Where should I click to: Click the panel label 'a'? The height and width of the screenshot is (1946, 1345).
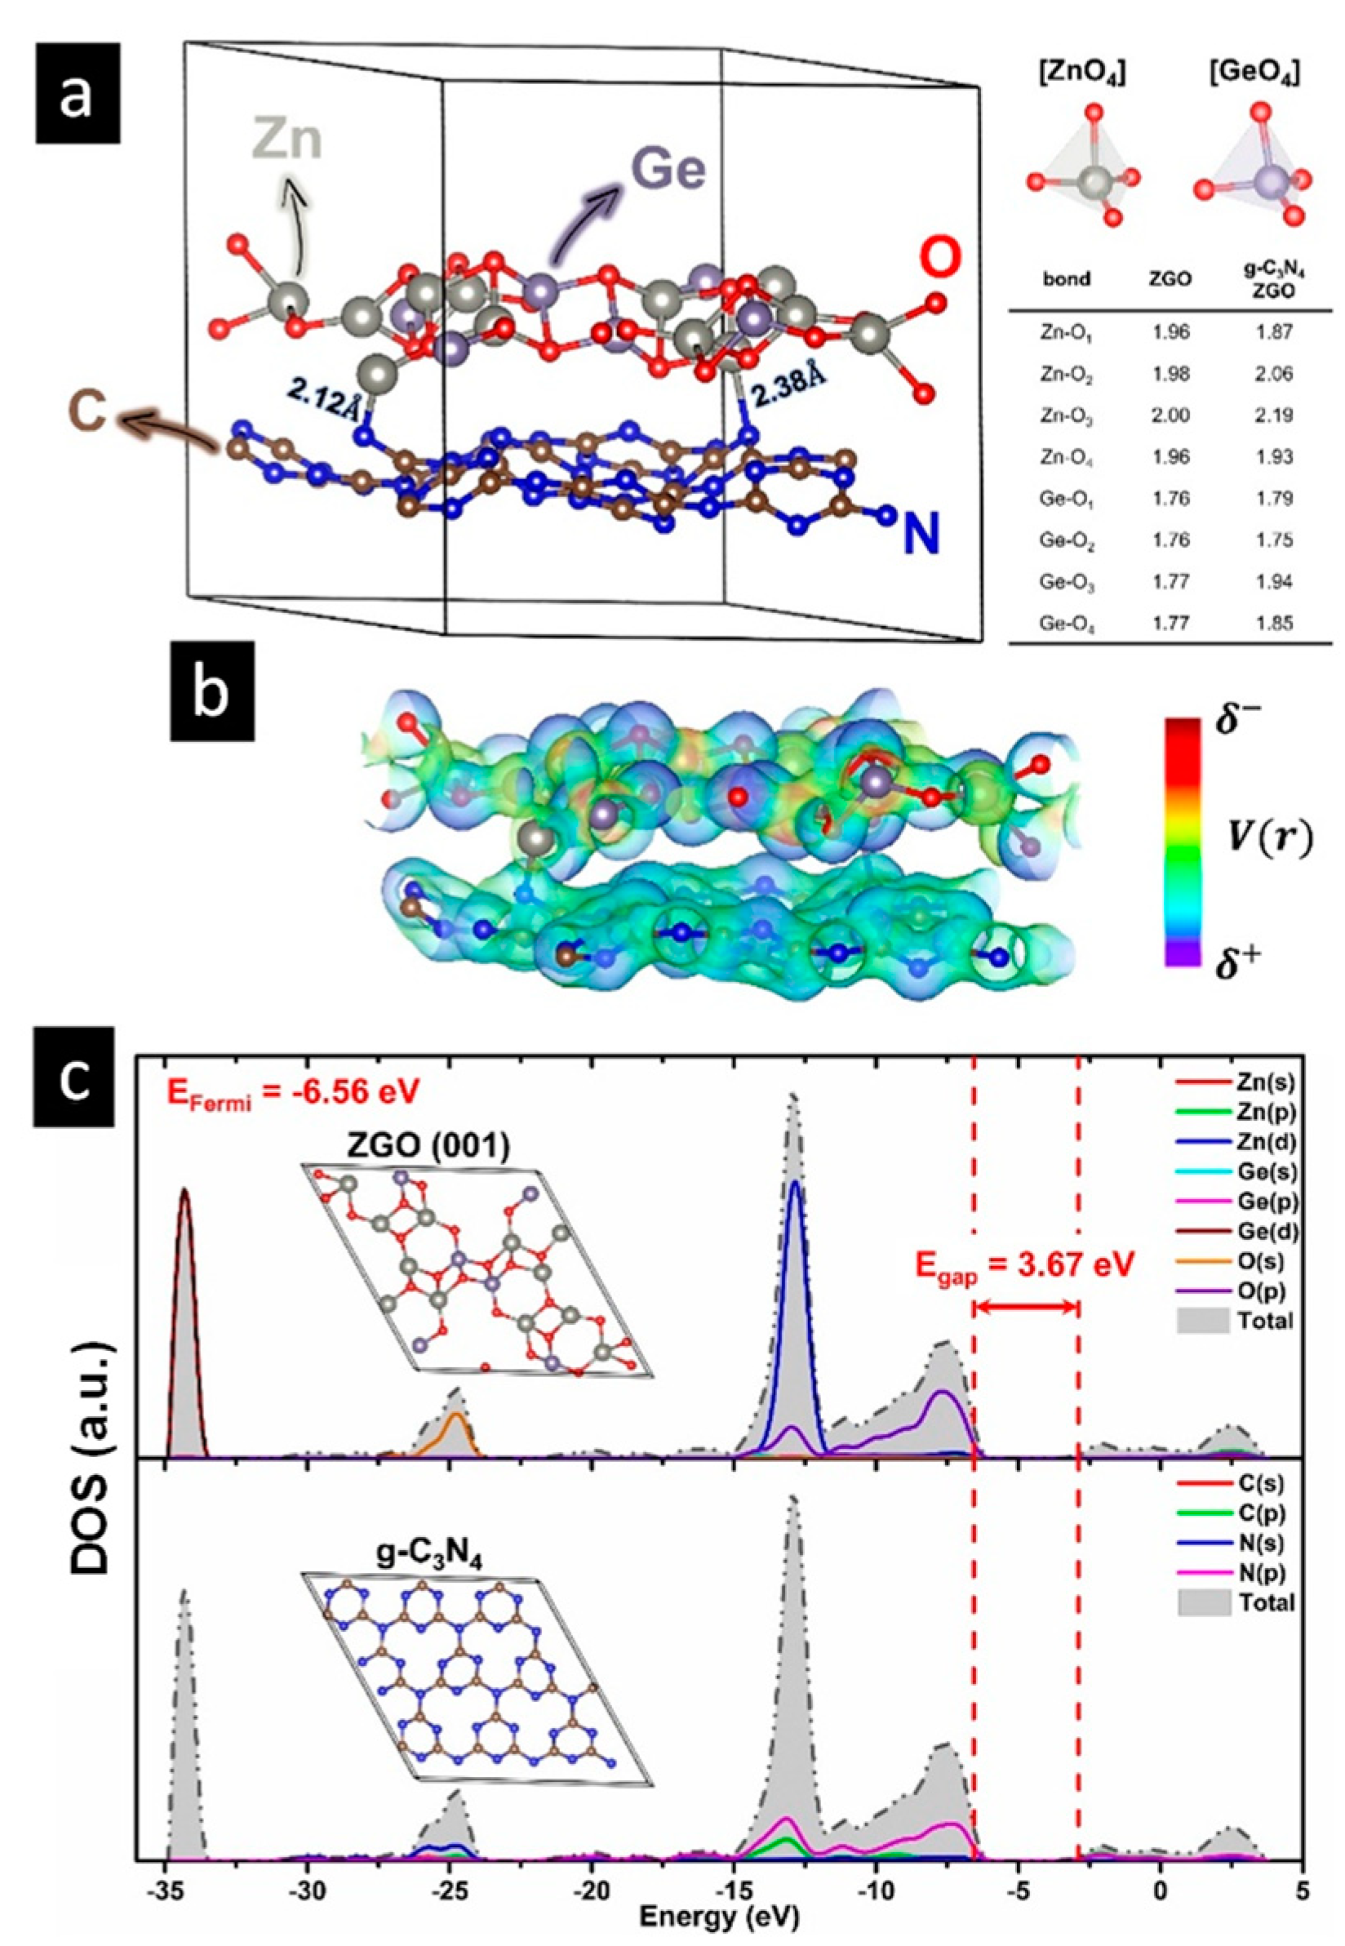click(x=78, y=99)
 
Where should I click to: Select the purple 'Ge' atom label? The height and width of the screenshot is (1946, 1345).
click(x=669, y=172)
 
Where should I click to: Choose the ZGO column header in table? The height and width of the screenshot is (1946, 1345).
click(x=1171, y=281)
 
